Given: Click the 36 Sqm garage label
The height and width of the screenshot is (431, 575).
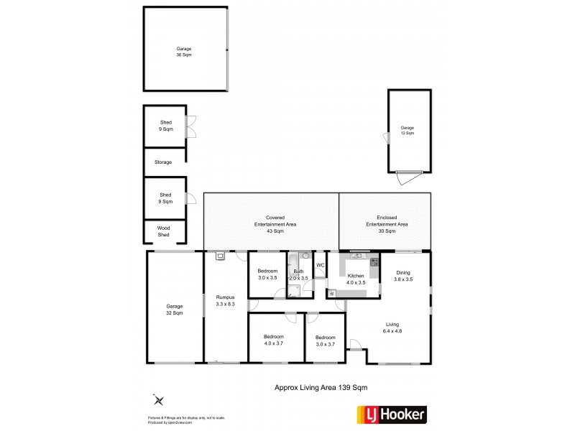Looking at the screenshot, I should tap(185, 52).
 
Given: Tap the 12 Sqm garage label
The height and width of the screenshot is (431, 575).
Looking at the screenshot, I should tap(408, 131).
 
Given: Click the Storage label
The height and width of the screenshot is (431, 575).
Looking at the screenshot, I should tap(163, 162).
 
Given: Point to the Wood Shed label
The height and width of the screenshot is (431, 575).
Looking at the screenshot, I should tap(163, 231).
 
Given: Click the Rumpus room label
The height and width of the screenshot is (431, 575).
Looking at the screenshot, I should tap(225, 301).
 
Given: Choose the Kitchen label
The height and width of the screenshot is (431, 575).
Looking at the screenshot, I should tap(356, 279).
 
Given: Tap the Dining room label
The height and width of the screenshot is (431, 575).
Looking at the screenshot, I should tap(403, 275).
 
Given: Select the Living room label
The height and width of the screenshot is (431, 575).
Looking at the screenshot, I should tap(392, 327).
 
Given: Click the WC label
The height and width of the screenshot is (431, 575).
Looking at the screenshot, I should tap(321, 265).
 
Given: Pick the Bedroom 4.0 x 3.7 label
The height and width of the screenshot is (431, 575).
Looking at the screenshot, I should tap(273, 340).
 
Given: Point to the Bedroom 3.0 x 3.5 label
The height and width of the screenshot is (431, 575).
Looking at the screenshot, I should tap(267, 274).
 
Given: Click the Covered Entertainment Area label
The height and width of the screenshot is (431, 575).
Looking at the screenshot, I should tap(270, 224).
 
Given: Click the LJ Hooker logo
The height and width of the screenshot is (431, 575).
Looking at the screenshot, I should tap(392, 414).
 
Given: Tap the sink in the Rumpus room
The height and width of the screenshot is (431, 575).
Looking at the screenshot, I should tap(220, 255).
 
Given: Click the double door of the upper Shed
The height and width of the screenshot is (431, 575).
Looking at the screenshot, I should tap(191, 126).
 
